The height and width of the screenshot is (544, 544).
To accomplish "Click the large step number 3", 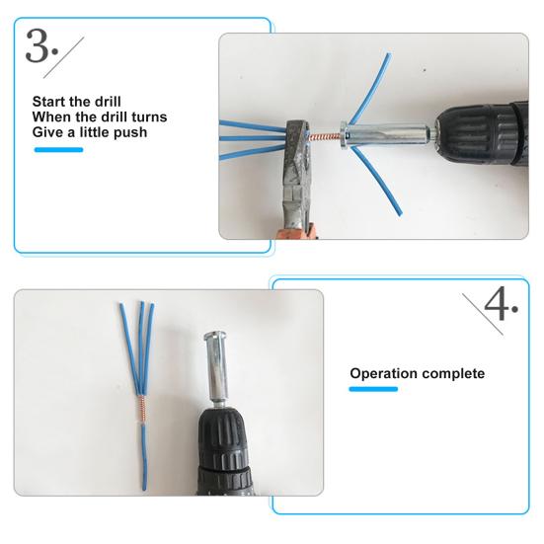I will [39, 46].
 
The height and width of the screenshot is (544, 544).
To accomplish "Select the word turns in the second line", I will [145, 117].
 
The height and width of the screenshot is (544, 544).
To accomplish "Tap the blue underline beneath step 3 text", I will [59, 150].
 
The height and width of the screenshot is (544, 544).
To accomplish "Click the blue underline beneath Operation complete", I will [374, 390].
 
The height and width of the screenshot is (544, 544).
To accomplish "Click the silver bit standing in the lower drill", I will [217, 365].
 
